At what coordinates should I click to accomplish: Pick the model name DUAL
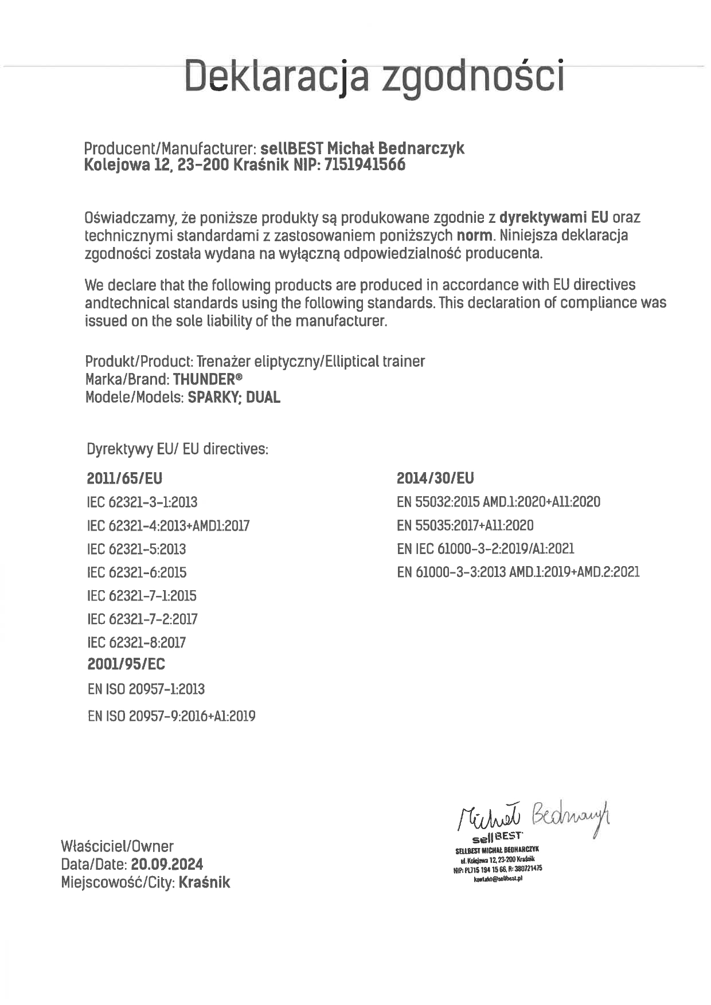263,397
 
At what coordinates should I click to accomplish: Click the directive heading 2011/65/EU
124,478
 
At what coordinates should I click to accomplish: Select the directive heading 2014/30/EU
435,478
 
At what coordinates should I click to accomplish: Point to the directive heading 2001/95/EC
126,664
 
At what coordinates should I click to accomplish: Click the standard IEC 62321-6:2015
136,572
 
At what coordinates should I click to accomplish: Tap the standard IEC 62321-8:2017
136,642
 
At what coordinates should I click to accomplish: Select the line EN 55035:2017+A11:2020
465,525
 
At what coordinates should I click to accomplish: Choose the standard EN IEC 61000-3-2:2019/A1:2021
485,549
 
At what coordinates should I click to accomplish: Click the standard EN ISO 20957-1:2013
146,689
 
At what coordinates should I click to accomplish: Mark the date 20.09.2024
167,864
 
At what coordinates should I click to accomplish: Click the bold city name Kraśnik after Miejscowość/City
204,882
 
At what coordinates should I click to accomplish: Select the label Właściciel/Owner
117,846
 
